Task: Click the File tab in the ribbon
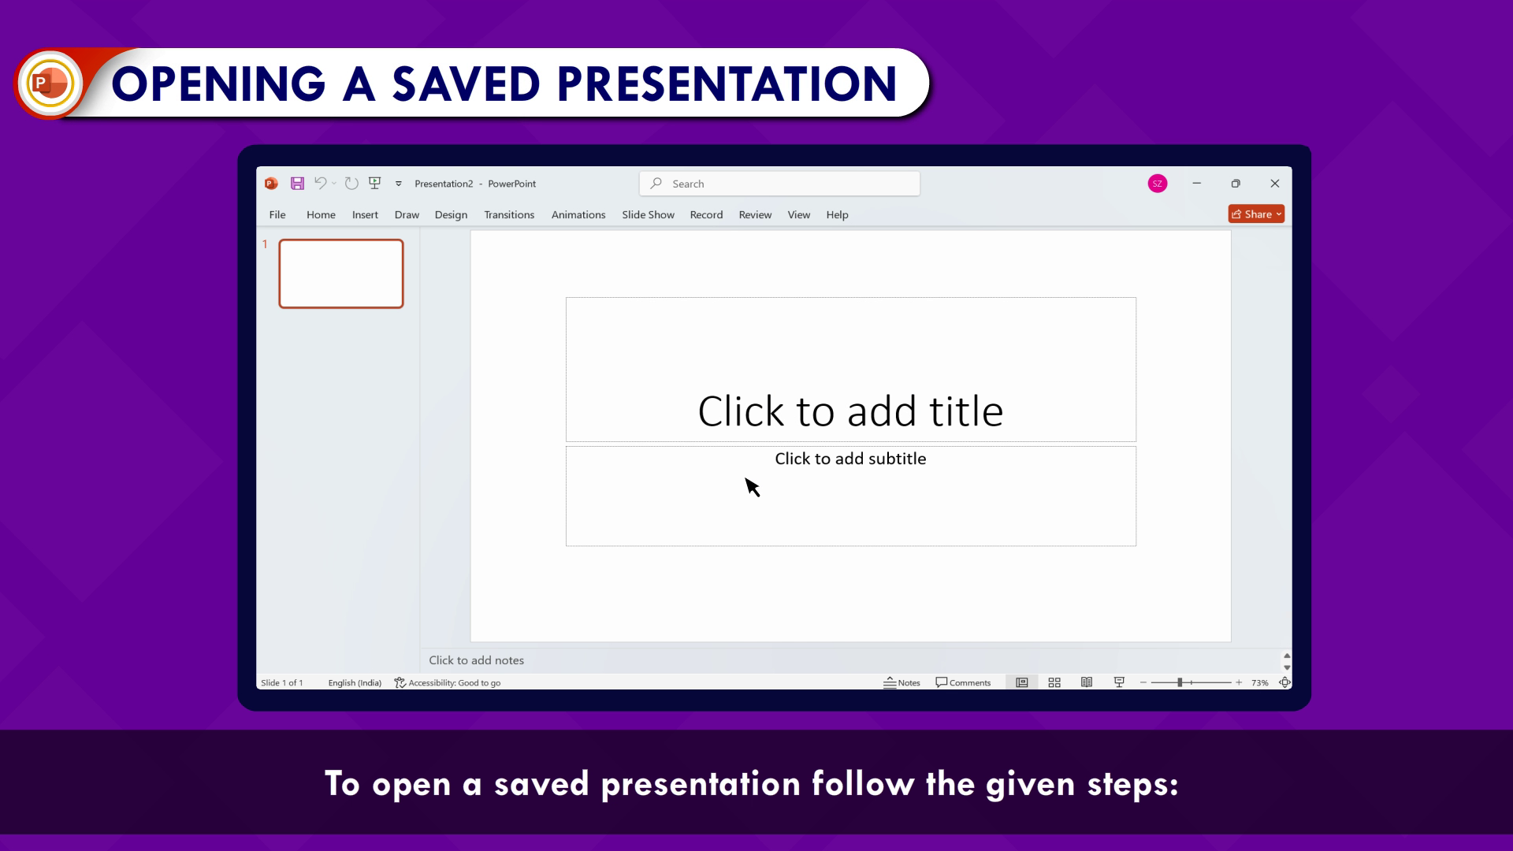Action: click(277, 214)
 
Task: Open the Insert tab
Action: click(365, 214)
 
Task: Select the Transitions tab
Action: click(509, 214)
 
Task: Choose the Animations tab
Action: click(578, 214)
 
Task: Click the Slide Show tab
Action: click(648, 214)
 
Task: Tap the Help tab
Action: click(837, 214)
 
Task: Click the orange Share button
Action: click(1256, 214)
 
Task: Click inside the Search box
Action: click(779, 184)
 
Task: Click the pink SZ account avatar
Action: click(1158, 184)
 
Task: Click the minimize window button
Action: click(1197, 184)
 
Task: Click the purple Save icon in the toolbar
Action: click(297, 184)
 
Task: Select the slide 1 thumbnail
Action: click(341, 273)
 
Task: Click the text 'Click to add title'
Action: click(850, 411)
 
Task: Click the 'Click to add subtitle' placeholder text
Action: click(850, 459)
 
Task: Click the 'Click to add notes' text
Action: click(476, 660)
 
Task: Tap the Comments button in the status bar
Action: click(963, 682)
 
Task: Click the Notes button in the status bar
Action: click(901, 682)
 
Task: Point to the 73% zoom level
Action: click(1259, 682)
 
